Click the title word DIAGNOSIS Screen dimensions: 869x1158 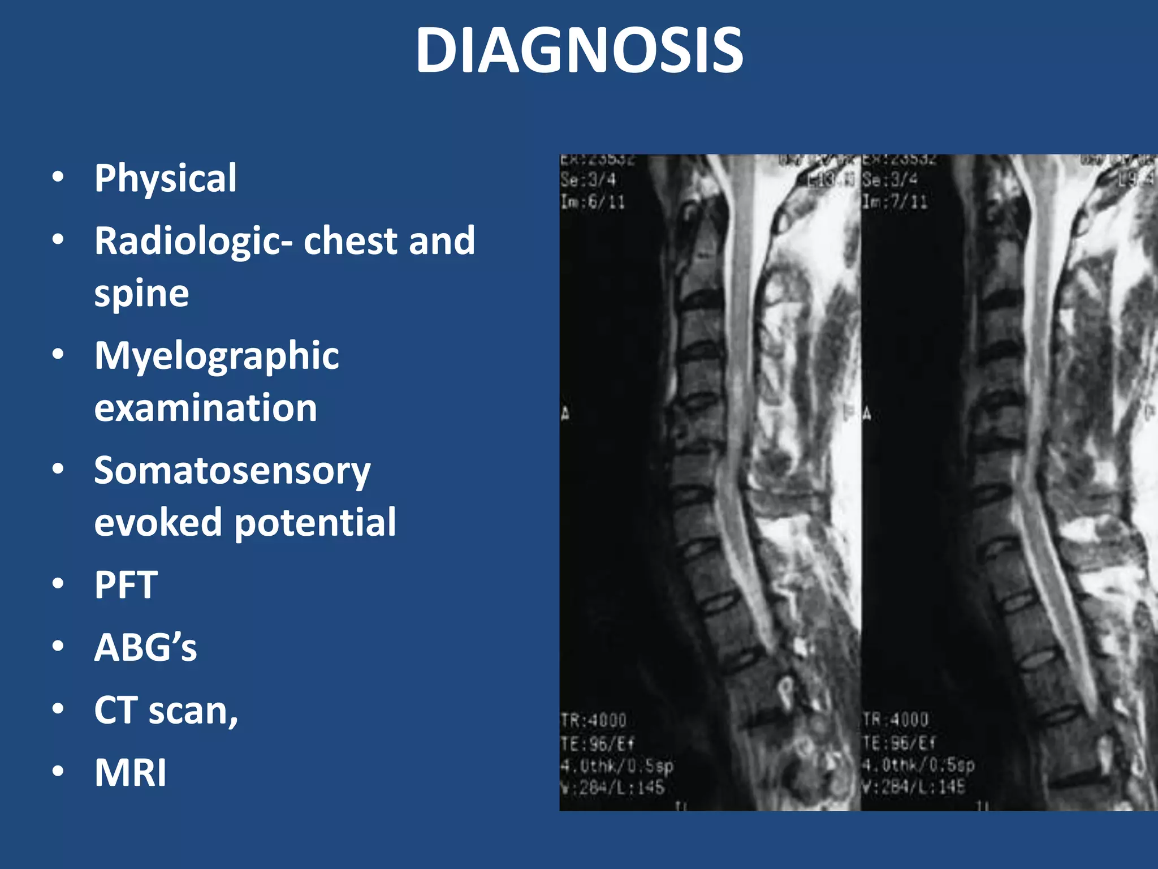tap(579, 51)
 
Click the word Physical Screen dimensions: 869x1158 tap(166, 179)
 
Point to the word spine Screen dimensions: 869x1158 tap(141, 294)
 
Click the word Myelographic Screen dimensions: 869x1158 tap(217, 356)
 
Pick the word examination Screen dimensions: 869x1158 tap(205, 408)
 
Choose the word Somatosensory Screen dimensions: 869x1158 tap(232, 471)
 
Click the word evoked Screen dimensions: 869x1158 tap(158, 523)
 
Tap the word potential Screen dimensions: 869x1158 tap(315, 523)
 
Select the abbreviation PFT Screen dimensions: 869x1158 tap(126, 585)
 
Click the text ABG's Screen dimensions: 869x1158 tap(145, 647)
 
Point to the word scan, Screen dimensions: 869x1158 tap(193, 711)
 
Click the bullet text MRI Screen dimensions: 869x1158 tap(131, 773)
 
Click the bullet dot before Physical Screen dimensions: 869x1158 tap(58, 178)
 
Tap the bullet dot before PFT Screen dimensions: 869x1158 tap(58, 584)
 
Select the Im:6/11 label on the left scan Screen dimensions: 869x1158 tap(593, 202)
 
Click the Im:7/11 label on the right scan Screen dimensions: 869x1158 tap(895, 202)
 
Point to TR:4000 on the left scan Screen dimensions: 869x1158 tap(594, 721)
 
